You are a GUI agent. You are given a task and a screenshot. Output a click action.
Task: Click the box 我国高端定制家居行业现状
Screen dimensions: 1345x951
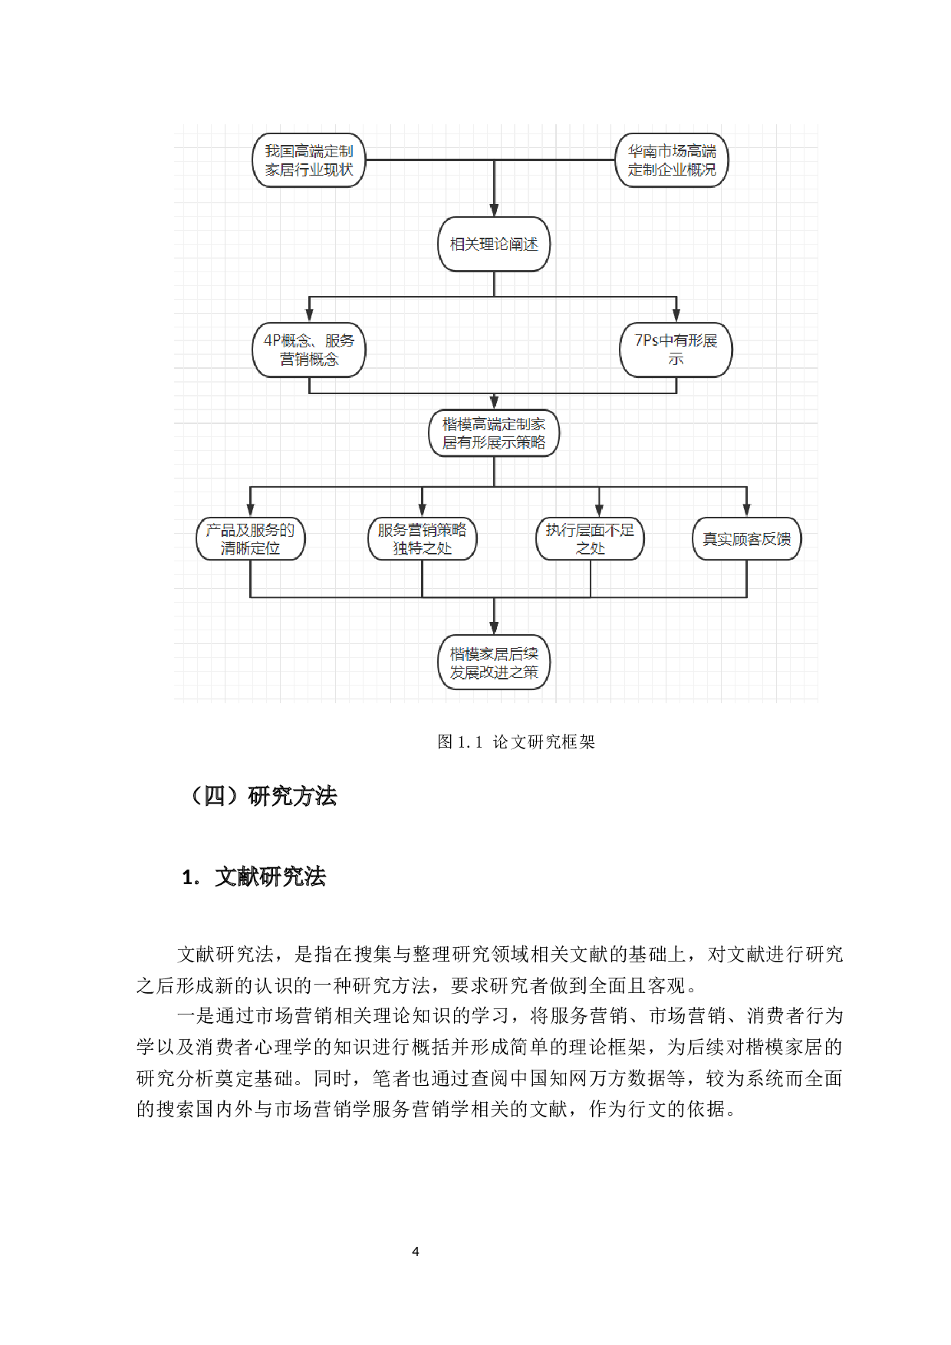tap(309, 160)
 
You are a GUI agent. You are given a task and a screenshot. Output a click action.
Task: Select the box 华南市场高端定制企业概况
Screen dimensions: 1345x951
tap(672, 160)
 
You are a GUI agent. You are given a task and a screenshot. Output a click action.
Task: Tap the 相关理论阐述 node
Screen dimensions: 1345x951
tap(494, 245)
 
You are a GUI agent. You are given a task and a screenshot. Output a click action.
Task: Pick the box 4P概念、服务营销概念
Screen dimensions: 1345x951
tap(309, 350)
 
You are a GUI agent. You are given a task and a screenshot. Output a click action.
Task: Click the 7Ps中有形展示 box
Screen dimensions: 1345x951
tap(676, 350)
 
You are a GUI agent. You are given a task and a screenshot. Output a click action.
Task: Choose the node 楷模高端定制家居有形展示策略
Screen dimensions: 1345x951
tap(494, 433)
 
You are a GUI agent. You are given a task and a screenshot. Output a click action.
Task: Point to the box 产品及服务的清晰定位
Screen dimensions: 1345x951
tap(251, 539)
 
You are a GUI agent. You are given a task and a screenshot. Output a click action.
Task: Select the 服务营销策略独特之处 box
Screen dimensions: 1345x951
tap(422, 539)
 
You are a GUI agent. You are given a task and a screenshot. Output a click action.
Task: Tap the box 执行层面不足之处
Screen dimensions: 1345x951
tap(590, 539)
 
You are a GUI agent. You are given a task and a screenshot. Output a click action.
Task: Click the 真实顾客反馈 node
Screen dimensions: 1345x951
tap(746, 539)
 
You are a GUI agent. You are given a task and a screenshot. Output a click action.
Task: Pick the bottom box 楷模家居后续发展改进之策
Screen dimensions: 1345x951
tap(494, 663)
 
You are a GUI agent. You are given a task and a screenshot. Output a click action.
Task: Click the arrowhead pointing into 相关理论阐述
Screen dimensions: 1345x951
tap(494, 210)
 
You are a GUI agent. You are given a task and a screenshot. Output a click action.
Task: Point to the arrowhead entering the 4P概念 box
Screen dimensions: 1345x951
tap(309, 315)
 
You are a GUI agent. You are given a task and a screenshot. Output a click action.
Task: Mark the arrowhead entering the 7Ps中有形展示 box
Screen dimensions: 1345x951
tap(676, 315)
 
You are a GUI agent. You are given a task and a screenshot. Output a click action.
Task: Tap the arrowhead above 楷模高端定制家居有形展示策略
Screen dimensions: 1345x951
tap(494, 403)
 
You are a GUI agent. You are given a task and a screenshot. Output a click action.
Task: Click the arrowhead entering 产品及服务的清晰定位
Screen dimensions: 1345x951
tap(251, 511)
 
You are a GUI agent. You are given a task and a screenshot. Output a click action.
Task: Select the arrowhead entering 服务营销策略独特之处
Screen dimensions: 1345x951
tap(422, 511)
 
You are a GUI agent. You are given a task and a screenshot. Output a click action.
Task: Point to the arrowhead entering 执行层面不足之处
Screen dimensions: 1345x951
tap(599, 511)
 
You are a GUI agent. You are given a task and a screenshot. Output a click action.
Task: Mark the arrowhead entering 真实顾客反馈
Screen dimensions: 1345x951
tap(746, 511)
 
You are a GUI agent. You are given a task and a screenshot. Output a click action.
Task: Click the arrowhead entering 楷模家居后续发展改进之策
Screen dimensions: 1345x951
tap(494, 628)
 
